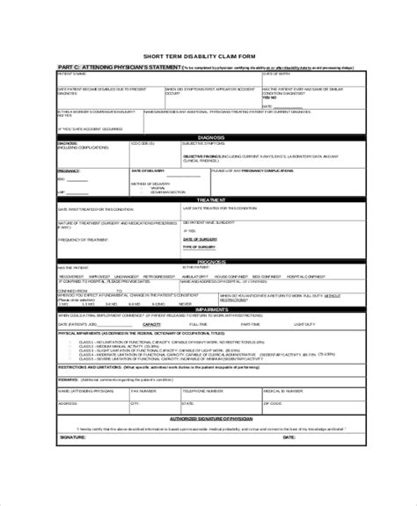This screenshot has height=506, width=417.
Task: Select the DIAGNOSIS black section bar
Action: point(209,136)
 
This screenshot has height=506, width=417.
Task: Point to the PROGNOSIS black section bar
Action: point(209,261)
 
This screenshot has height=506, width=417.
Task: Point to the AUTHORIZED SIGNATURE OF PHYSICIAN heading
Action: point(208,420)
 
